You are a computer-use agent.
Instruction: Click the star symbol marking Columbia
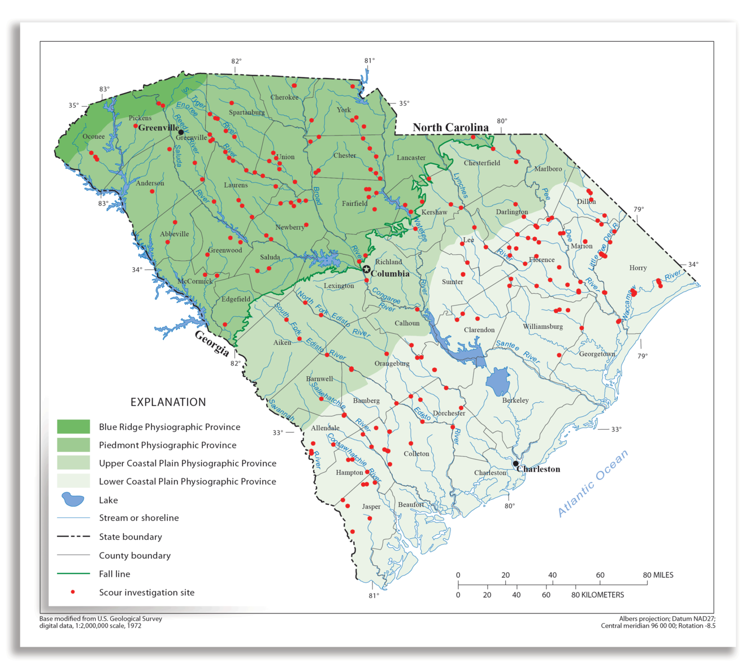366,269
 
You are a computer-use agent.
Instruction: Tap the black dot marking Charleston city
515,463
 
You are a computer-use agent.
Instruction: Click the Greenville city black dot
181,132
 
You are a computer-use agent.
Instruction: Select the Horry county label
638,268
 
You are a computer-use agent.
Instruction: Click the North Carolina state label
450,127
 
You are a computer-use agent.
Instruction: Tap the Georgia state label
212,343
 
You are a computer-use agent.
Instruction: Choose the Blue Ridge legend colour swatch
73,426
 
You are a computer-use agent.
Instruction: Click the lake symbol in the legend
73,499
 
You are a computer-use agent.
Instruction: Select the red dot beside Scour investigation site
72,592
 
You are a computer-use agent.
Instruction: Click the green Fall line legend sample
73,573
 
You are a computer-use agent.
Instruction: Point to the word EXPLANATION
168,402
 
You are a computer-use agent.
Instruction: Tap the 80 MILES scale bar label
658,575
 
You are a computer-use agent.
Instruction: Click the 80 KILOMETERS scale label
597,595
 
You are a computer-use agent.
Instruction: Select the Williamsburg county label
543,326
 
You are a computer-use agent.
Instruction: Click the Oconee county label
94,136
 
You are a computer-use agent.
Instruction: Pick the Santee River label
518,351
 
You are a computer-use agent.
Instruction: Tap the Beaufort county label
411,504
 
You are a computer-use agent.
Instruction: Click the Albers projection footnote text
667,618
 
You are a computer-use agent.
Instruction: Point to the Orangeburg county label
392,363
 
